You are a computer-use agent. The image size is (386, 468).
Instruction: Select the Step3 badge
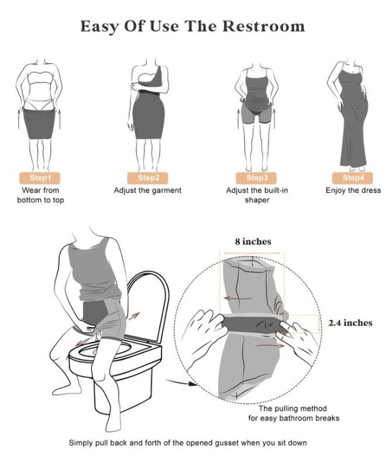click(257, 177)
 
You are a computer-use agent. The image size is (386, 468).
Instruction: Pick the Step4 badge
click(353, 177)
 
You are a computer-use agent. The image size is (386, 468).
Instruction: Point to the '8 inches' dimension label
click(252, 241)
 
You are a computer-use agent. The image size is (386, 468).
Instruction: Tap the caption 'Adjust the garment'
click(147, 191)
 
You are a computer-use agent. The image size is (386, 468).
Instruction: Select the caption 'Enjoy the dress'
click(353, 191)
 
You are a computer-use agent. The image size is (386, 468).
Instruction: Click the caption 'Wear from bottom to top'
click(40, 195)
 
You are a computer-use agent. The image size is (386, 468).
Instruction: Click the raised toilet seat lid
click(151, 303)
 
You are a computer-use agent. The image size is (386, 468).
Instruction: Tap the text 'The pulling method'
click(292, 409)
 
